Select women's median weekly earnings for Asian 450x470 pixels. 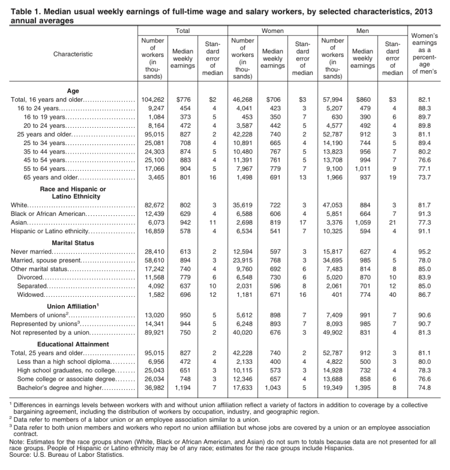coord(272,222)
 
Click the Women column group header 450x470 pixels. coord(272,29)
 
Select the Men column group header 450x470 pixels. coord(362,29)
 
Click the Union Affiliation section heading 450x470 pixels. coord(71,306)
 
